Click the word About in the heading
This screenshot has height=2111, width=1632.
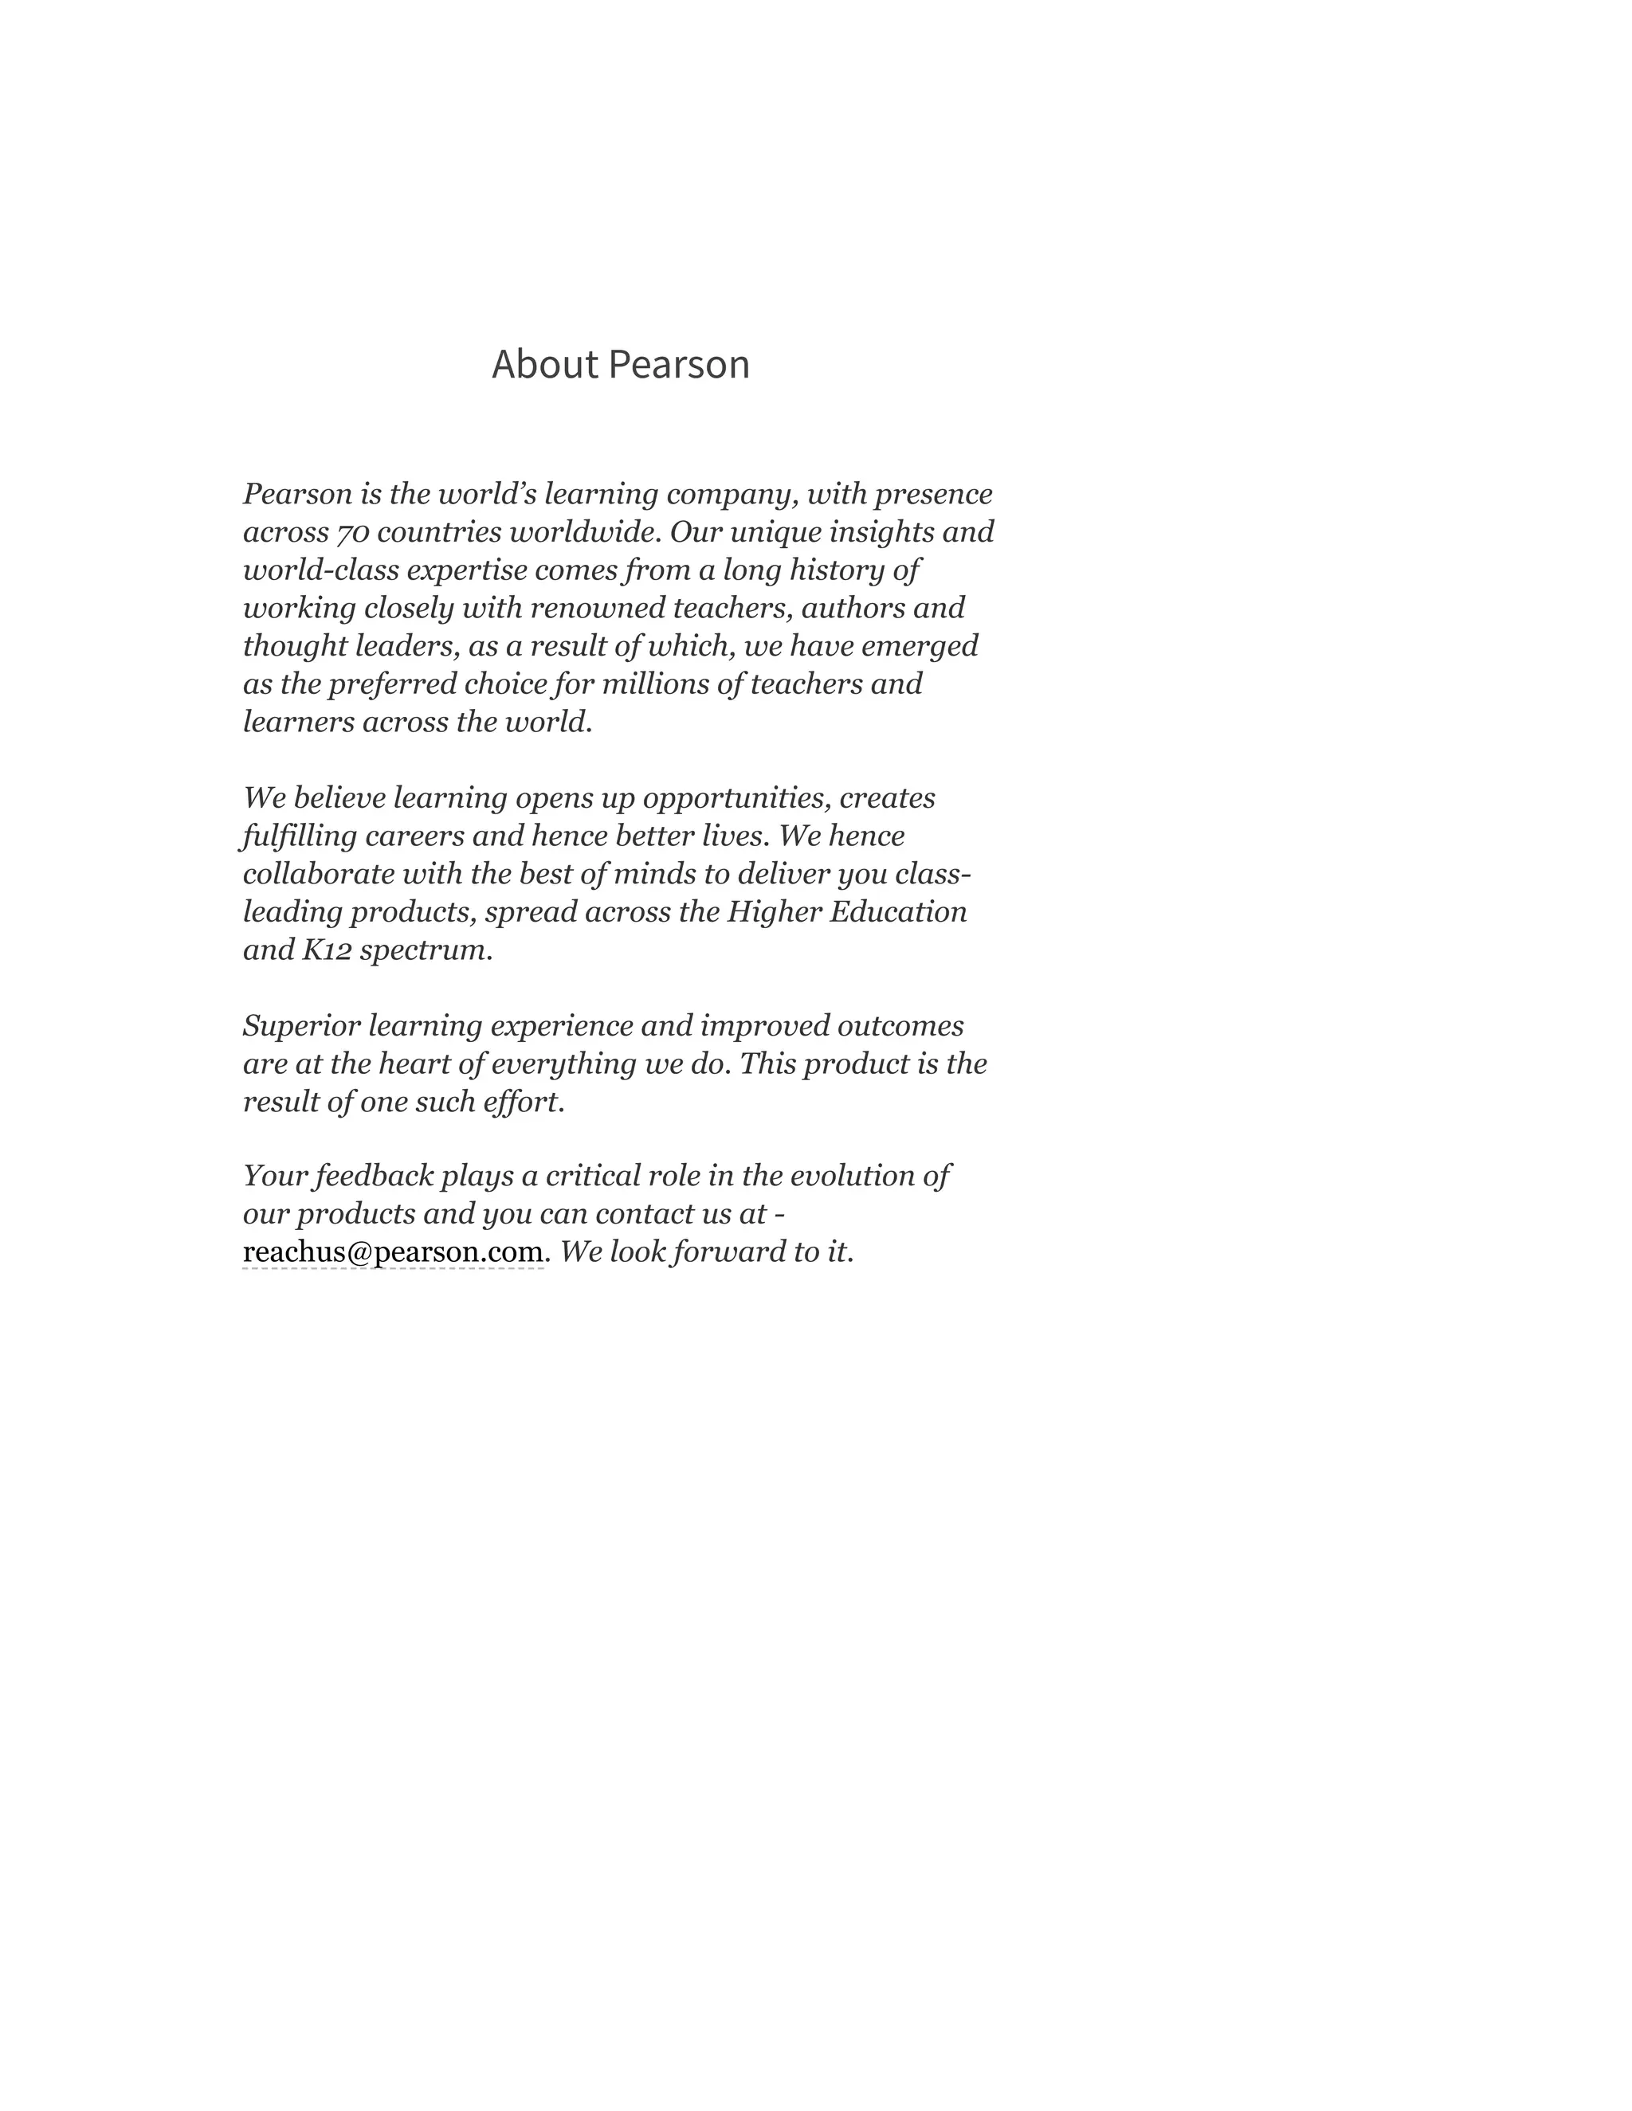click(544, 364)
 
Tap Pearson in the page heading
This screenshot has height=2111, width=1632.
click(680, 364)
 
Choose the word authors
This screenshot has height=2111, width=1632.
click(849, 608)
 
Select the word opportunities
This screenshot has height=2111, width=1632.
click(736, 798)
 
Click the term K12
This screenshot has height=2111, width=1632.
click(326, 950)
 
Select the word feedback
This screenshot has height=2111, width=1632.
click(373, 1177)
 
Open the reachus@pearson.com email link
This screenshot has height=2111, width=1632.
click(393, 1253)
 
